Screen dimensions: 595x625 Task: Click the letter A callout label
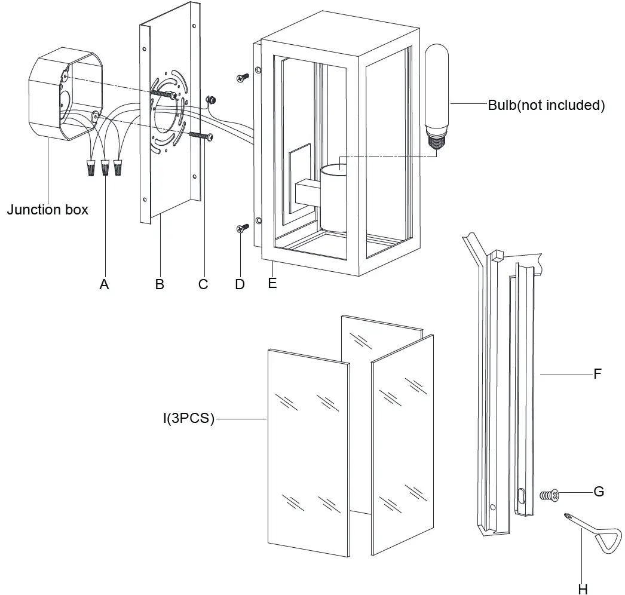tap(104, 285)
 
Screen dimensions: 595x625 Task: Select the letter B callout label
tap(160, 285)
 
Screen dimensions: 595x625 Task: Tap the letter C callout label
tap(203, 285)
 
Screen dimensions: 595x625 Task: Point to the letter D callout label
tap(240, 285)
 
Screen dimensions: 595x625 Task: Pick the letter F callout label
tap(597, 375)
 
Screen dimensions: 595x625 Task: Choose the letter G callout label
tap(598, 492)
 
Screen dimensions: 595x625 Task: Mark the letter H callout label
tap(583, 588)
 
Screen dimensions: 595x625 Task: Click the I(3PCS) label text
tap(188, 419)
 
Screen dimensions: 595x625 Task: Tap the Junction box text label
tap(47, 210)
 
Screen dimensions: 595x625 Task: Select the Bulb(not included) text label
tap(546, 105)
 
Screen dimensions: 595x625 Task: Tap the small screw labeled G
tap(549, 495)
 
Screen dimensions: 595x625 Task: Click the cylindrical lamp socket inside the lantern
tap(338, 197)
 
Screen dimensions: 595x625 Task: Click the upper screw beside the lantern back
tap(243, 78)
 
